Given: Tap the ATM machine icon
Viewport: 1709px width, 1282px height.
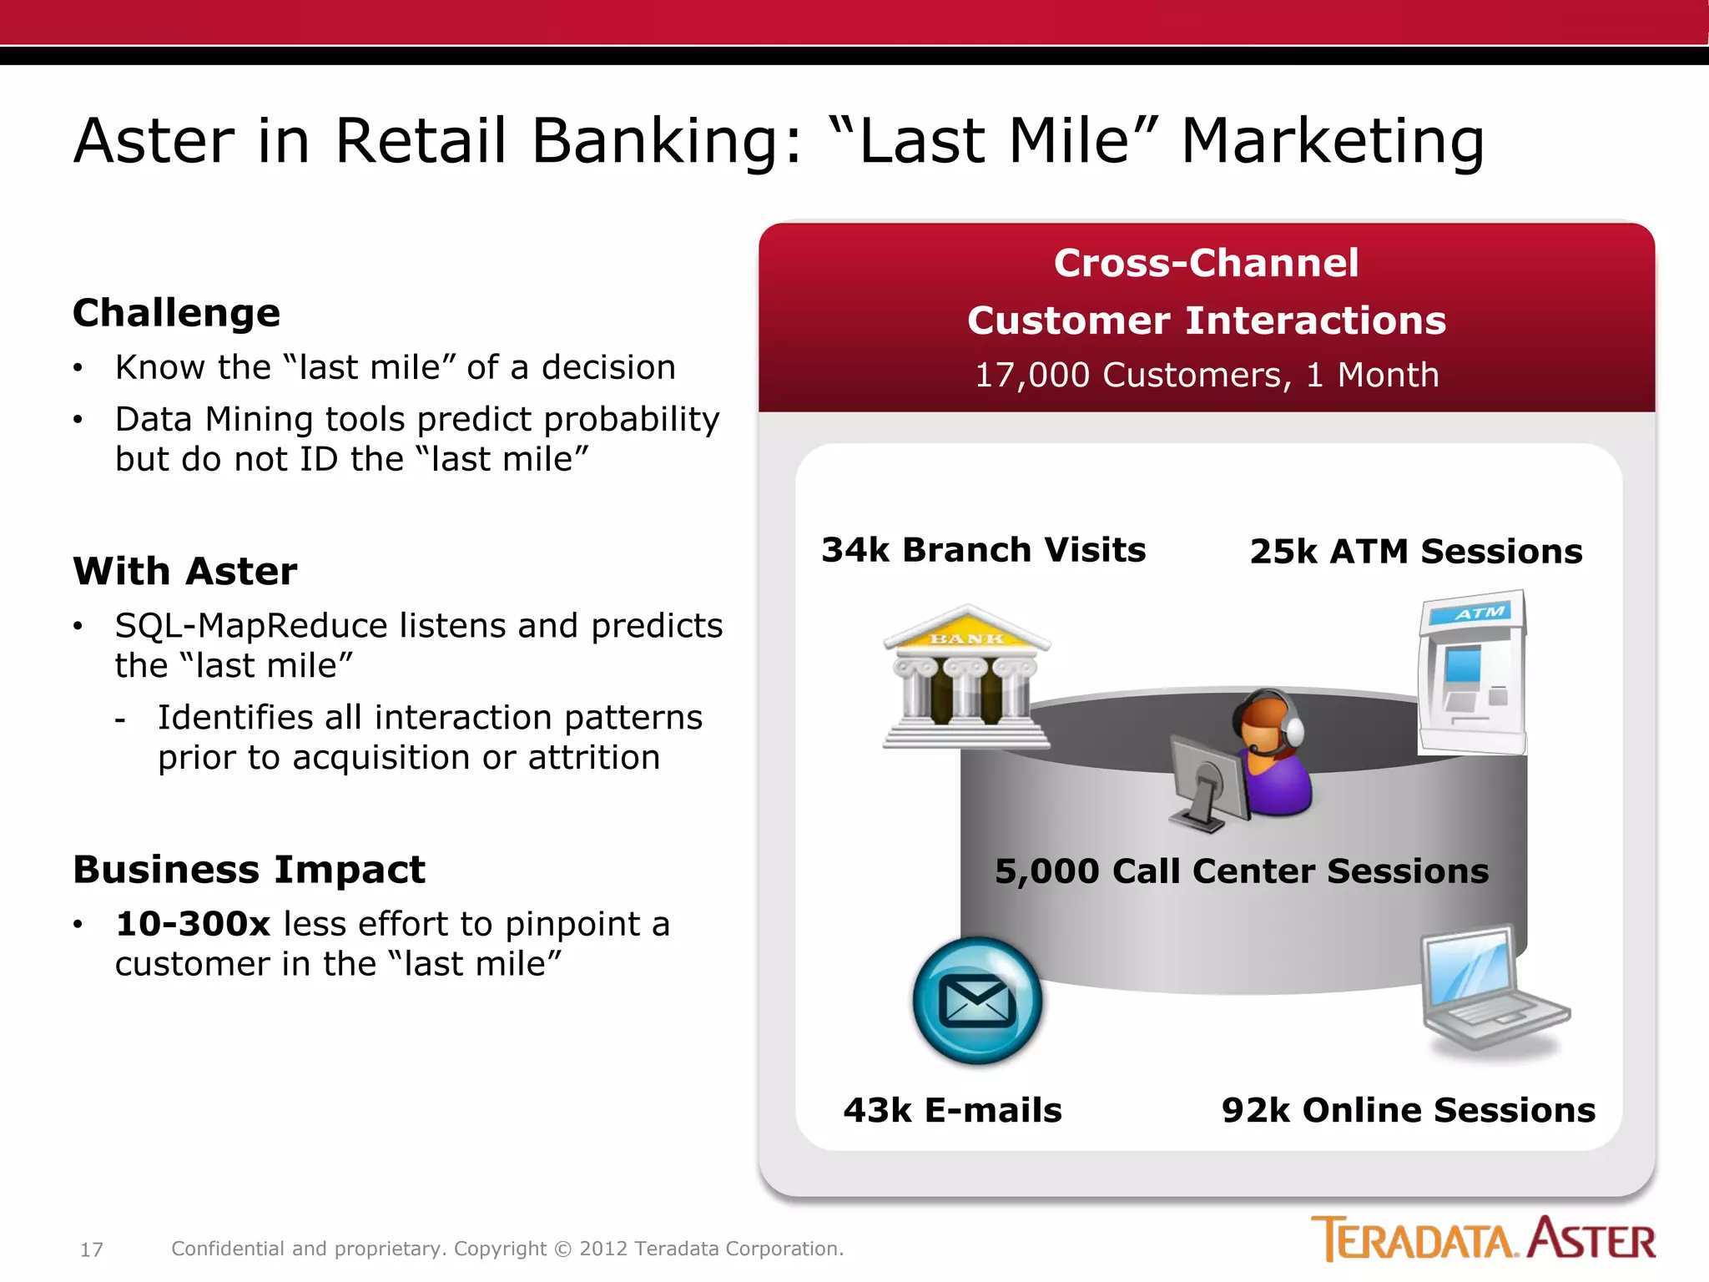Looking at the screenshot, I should tap(1472, 673).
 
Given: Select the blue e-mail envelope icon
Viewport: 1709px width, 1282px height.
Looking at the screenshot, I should tap(977, 1001).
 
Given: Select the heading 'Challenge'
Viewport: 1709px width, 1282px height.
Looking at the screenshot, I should tap(176, 313).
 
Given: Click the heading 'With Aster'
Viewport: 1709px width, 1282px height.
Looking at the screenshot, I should tap(184, 572).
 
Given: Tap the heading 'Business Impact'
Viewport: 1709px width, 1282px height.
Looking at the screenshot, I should tap(249, 870).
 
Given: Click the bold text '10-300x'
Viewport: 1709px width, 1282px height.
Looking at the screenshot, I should tap(193, 924).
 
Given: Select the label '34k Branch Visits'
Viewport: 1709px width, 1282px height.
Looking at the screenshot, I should tap(983, 550).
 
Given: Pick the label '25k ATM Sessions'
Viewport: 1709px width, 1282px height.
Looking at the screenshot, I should tap(1415, 552).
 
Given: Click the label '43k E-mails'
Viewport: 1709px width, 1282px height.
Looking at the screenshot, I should tap(952, 1111).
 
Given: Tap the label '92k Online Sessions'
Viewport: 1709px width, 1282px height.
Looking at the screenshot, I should tap(1408, 1111).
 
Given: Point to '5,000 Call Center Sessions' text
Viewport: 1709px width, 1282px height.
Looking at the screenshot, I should tap(1241, 871).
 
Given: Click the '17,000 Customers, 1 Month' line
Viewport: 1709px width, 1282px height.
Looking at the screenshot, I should tap(1207, 376).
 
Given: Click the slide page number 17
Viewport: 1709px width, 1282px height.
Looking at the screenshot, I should tap(91, 1249).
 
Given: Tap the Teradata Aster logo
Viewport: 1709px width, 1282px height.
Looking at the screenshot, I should tap(1483, 1239).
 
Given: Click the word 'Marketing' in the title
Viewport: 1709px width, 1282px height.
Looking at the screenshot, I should tap(1333, 140).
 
